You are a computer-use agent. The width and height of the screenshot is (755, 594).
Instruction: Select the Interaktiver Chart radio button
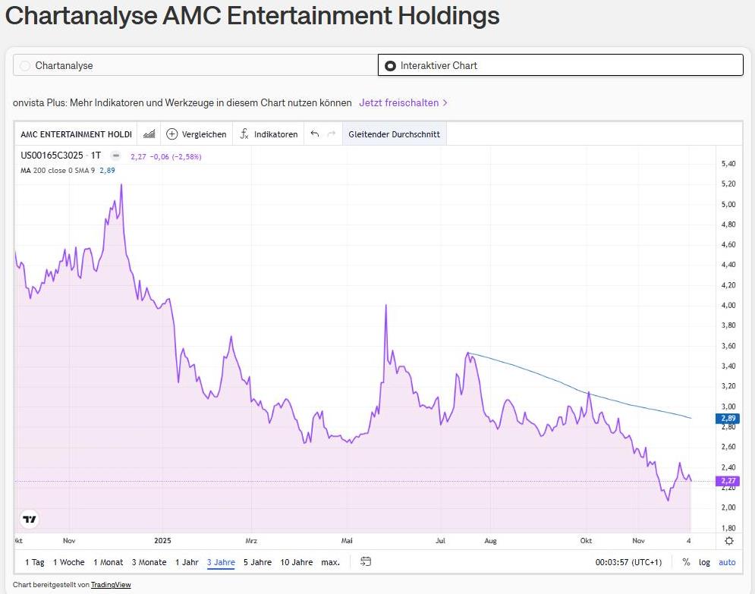click(x=390, y=66)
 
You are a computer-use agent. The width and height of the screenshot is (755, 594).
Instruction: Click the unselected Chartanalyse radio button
click(x=25, y=66)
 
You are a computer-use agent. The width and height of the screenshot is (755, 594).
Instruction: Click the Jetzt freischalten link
click(x=403, y=102)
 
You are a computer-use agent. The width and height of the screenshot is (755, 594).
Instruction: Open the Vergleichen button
click(x=197, y=134)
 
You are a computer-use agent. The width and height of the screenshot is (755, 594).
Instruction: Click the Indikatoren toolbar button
click(x=269, y=134)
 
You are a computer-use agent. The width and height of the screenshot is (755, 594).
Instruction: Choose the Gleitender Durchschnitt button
click(x=394, y=134)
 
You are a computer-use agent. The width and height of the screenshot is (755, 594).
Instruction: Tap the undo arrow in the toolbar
click(x=315, y=134)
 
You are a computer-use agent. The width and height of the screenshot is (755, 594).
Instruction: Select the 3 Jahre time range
click(x=221, y=562)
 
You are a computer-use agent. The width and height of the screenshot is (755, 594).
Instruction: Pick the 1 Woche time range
click(x=68, y=562)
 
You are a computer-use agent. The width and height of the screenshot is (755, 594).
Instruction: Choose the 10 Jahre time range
click(x=296, y=562)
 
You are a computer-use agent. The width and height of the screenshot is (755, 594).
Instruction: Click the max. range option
click(x=330, y=562)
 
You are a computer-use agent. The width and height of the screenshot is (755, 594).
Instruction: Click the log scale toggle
click(x=705, y=562)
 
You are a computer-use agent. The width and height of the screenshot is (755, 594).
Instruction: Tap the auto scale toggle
click(x=727, y=562)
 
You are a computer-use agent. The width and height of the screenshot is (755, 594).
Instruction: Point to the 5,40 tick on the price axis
click(x=728, y=164)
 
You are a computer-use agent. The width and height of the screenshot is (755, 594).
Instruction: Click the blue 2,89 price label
click(x=728, y=418)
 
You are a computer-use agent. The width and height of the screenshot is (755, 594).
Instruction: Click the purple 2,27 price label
click(x=728, y=481)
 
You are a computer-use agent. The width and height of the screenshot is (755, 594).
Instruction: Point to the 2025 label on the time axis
click(x=163, y=541)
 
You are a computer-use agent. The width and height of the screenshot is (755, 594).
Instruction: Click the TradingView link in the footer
click(x=111, y=585)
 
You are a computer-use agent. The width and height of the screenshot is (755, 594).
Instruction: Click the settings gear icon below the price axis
click(x=728, y=541)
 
